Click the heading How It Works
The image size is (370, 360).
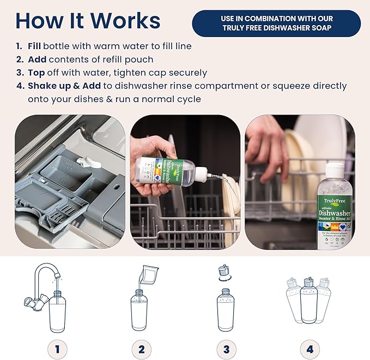tap(88, 20)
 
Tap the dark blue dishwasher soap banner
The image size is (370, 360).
tap(276, 23)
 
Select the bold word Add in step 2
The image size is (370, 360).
tap(37, 59)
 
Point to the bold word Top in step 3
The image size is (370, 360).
tap(36, 73)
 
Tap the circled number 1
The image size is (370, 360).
tap(57, 347)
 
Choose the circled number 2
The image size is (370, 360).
tap(141, 347)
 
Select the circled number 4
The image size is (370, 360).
tap(309, 347)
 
